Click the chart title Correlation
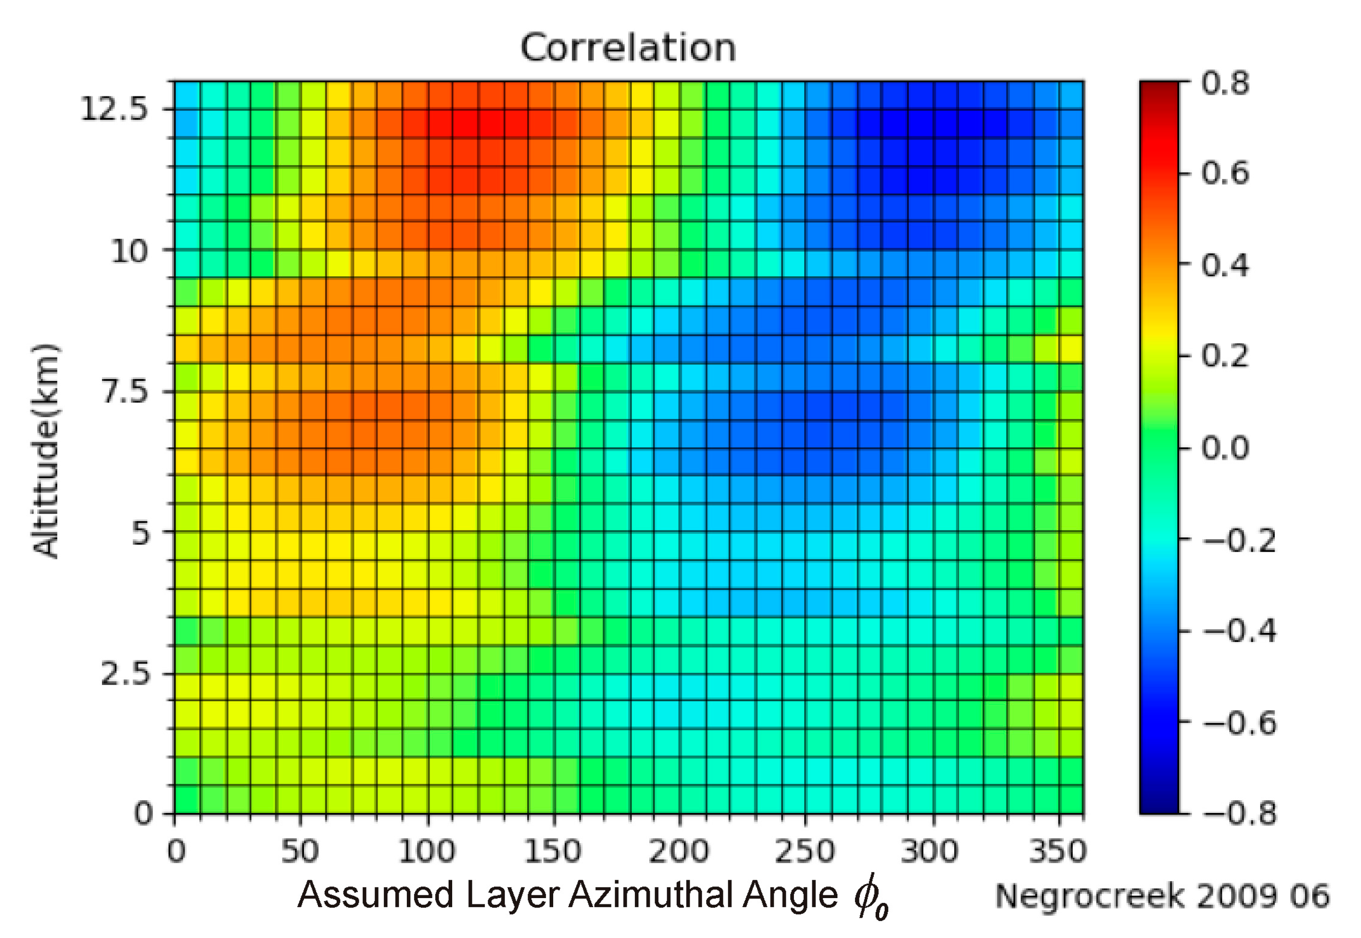[x=628, y=48]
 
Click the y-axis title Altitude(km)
[x=46, y=451]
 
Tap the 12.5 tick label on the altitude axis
[x=114, y=109]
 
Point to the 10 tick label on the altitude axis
[x=129, y=252]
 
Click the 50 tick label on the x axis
[x=300, y=851]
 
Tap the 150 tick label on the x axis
[x=552, y=851]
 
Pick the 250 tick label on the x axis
[x=805, y=851]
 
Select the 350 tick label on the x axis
[x=1057, y=851]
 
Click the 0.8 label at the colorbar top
[x=1225, y=83]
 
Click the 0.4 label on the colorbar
[x=1225, y=266]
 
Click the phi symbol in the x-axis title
[x=869, y=897]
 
